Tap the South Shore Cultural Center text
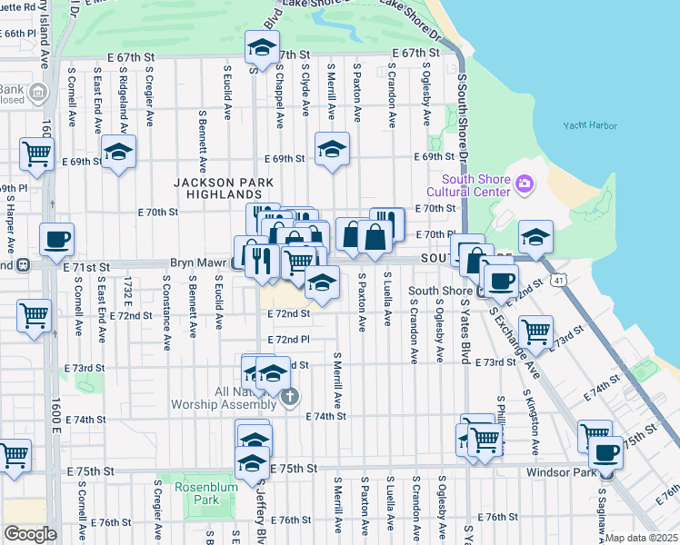[x=467, y=185]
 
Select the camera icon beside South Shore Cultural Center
[x=524, y=185]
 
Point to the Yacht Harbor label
[x=589, y=126]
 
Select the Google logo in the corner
[x=30, y=534]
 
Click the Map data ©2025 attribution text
[x=641, y=538]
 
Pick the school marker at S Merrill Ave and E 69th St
[x=333, y=148]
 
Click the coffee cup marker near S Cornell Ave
[x=57, y=239]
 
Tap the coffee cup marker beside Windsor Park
[x=606, y=451]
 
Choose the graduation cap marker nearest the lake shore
[x=536, y=236]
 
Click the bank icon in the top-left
[x=38, y=92]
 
